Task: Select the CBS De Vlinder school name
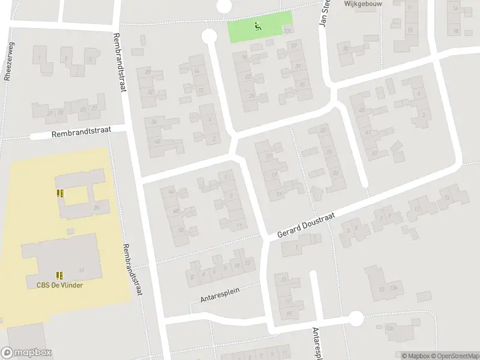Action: point(59,285)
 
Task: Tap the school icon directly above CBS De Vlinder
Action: point(59,275)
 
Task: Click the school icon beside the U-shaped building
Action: point(59,193)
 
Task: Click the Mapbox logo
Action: point(26,353)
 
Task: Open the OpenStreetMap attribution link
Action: point(455,356)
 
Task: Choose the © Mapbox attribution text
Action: point(415,356)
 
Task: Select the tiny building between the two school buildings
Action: point(71,230)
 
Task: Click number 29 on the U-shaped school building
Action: point(96,208)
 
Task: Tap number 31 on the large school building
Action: point(81,270)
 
